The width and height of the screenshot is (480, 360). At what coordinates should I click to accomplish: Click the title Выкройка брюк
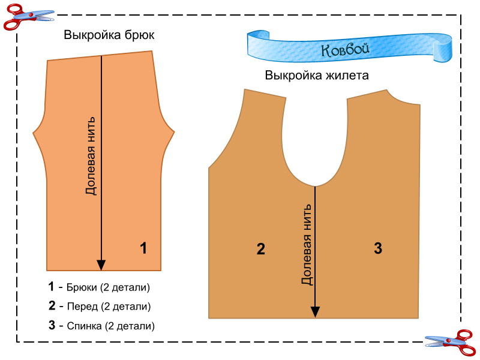pyautogui.click(x=109, y=35)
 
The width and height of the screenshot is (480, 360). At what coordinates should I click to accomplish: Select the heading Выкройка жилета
pyautogui.click(x=317, y=76)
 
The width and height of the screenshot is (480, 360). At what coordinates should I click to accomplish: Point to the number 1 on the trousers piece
pyautogui.click(x=143, y=247)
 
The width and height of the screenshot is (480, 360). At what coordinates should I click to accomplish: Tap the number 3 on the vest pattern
pyautogui.click(x=377, y=248)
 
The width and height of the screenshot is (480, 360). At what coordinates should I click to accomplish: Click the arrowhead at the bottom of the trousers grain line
pyautogui.click(x=101, y=265)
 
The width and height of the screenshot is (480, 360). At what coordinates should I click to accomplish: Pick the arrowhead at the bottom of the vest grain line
pyautogui.click(x=314, y=311)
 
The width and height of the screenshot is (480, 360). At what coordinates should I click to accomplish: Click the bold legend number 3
pyautogui.click(x=52, y=326)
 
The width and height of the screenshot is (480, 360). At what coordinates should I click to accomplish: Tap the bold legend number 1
pyautogui.click(x=52, y=287)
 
